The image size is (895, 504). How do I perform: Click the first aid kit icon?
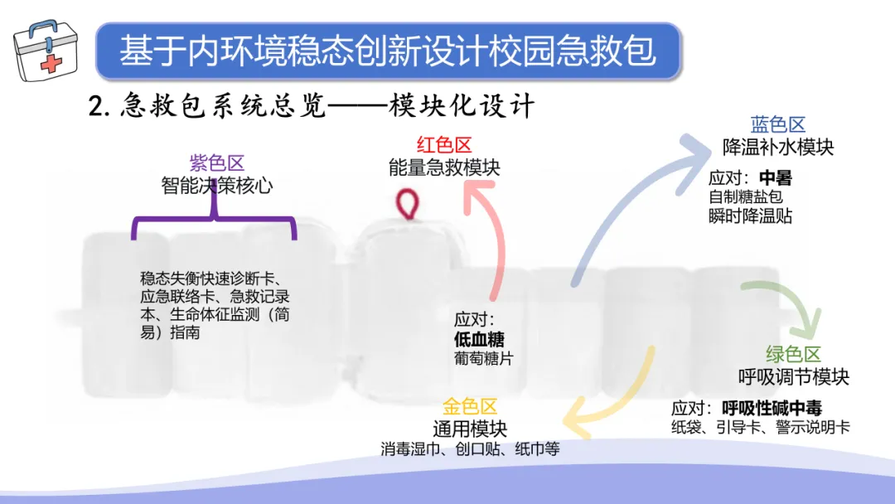46,48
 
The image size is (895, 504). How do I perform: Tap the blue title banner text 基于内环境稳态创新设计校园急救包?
388,51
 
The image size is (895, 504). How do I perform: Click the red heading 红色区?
444,145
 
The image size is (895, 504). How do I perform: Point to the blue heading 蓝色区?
778,125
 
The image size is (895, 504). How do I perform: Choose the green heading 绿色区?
793,355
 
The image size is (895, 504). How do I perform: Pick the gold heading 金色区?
470,407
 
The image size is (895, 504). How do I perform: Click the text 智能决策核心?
217,185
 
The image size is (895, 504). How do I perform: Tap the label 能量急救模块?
444,167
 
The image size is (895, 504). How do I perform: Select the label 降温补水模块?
778,147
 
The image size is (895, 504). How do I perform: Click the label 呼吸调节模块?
793,376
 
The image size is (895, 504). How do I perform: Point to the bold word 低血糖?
479,339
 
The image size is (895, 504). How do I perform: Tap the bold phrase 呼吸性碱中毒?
772,408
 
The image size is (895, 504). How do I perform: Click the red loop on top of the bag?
407,204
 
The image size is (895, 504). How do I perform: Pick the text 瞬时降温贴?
750,216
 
